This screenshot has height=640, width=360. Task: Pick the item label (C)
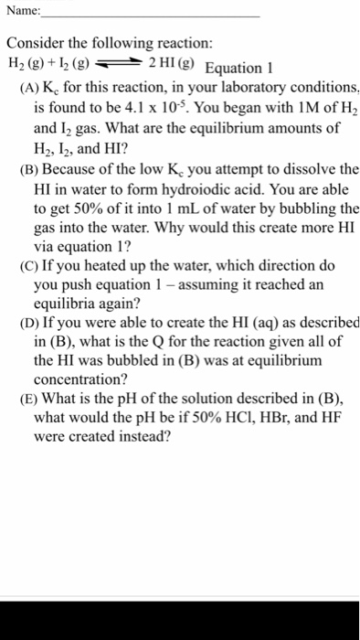[29, 266]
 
